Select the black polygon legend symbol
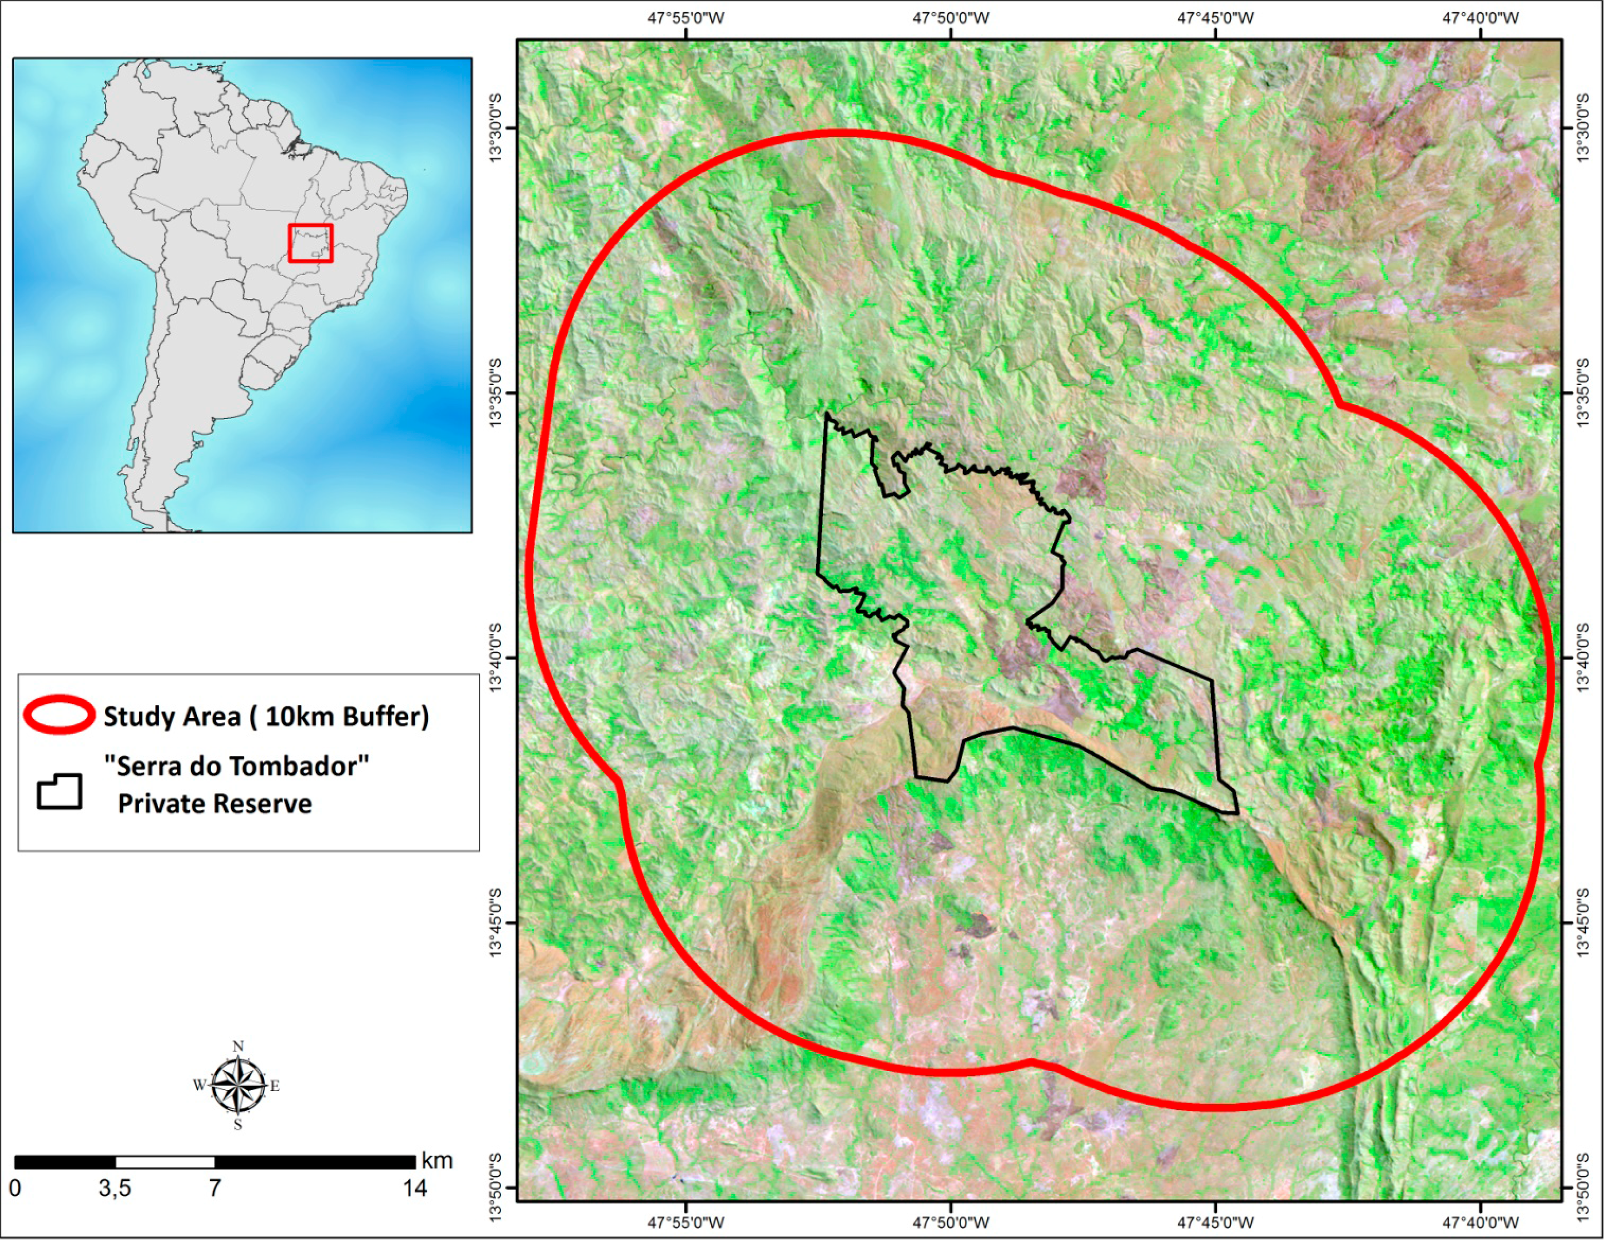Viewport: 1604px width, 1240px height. [60, 791]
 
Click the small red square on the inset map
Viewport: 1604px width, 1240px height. [310, 243]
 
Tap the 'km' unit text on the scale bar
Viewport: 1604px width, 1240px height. [437, 1161]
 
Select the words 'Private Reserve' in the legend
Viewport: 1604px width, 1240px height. [214, 804]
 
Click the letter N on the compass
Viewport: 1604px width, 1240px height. [238, 1046]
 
